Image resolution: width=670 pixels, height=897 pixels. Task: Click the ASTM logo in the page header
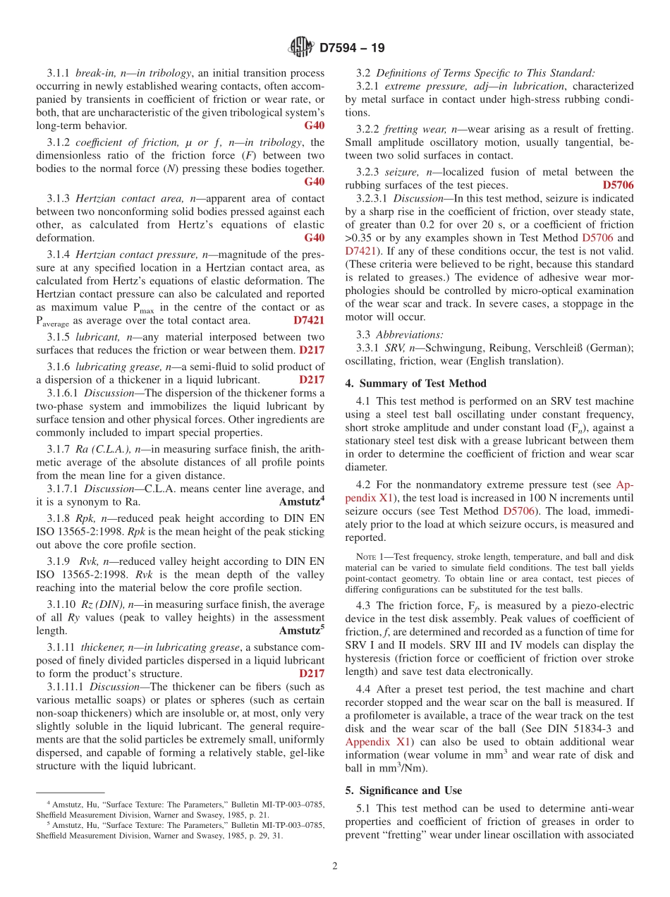(x=301, y=48)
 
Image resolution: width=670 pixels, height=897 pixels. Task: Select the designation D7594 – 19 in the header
(x=352, y=49)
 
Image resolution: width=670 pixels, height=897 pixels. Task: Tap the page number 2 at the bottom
(x=335, y=867)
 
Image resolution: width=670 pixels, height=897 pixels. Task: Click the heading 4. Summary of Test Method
(x=415, y=384)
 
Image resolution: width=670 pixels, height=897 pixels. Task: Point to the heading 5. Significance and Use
(x=403, y=791)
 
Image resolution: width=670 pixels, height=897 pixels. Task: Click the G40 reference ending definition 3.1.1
(x=315, y=126)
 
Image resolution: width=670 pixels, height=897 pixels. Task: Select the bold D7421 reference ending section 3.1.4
(x=309, y=319)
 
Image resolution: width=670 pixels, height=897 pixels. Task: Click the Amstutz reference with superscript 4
(x=302, y=502)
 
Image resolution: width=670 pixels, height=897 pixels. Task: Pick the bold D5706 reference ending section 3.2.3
(x=618, y=185)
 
